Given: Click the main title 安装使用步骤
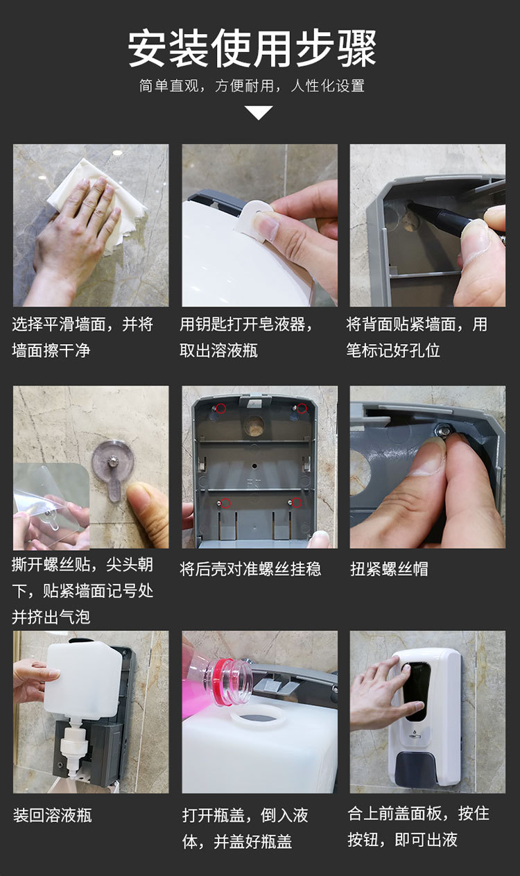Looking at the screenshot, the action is (252, 47).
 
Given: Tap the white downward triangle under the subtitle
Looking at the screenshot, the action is (259, 112).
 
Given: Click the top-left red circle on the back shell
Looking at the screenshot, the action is (221, 409).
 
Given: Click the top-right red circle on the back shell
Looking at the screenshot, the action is (302, 409).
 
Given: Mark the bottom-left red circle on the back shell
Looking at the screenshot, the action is (225, 504).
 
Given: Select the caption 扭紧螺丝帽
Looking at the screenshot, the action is (389, 569).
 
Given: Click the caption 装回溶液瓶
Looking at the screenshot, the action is (53, 816).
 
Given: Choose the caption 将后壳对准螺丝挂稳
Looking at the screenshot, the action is (250, 569).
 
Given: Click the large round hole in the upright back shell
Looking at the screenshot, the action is (254, 426).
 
